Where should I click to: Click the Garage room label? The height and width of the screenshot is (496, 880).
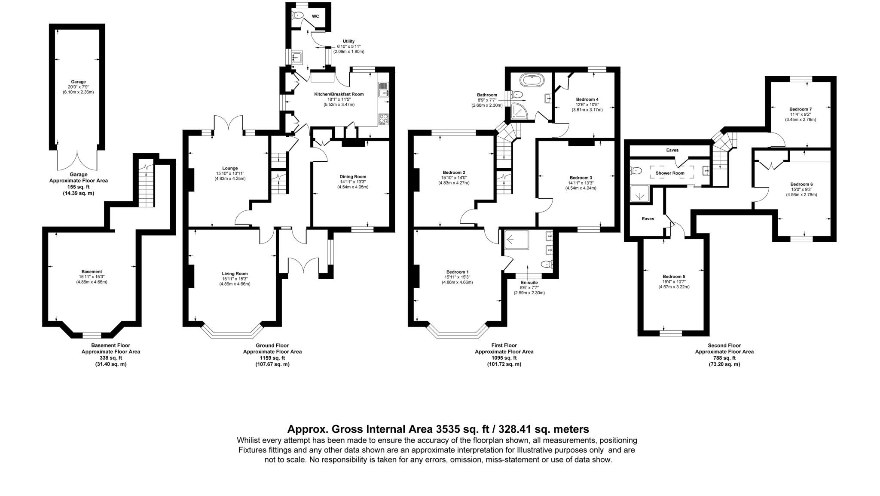[x=78, y=82]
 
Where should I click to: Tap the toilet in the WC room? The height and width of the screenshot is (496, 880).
[x=299, y=16]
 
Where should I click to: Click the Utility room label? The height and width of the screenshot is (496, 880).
[x=348, y=41]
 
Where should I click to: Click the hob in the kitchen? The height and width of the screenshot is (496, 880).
[x=383, y=118]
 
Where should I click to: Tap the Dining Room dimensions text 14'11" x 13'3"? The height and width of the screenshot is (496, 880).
[x=353, y=182]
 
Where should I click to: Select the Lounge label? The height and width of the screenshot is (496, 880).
[x=230, y=168]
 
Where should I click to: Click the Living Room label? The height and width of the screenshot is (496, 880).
[x=235, y=274]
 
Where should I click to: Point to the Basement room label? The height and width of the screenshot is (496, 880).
[x=92, y=271]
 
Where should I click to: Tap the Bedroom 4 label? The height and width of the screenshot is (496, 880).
[x=587, y=99]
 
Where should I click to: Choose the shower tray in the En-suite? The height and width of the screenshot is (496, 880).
[x=516, y=240]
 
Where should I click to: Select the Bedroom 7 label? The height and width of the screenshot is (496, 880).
[x=800, y=109]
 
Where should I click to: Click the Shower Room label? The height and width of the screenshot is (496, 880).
[x=669, y=173]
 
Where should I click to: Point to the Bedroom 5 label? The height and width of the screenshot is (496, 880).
[x=673, y=277]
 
